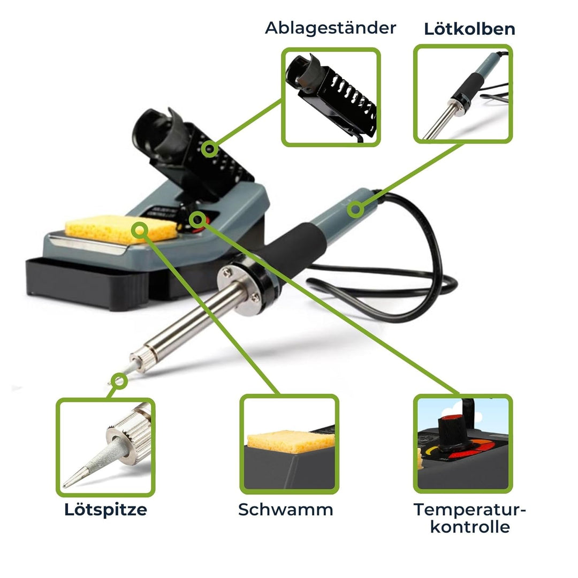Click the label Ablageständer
click(330, 28)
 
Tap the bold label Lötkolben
click(469, 29)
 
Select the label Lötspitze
click(105, 509)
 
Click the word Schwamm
click(285, 509)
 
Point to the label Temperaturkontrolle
click(469, 518)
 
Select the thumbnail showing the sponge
click(289, 444)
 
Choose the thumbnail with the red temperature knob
click(462, 444)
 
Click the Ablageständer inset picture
click(331, 97)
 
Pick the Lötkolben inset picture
click(462, 94)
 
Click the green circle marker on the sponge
click(140, 230)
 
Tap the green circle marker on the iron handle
click(355, 209)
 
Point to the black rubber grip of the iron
click(289, 246)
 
